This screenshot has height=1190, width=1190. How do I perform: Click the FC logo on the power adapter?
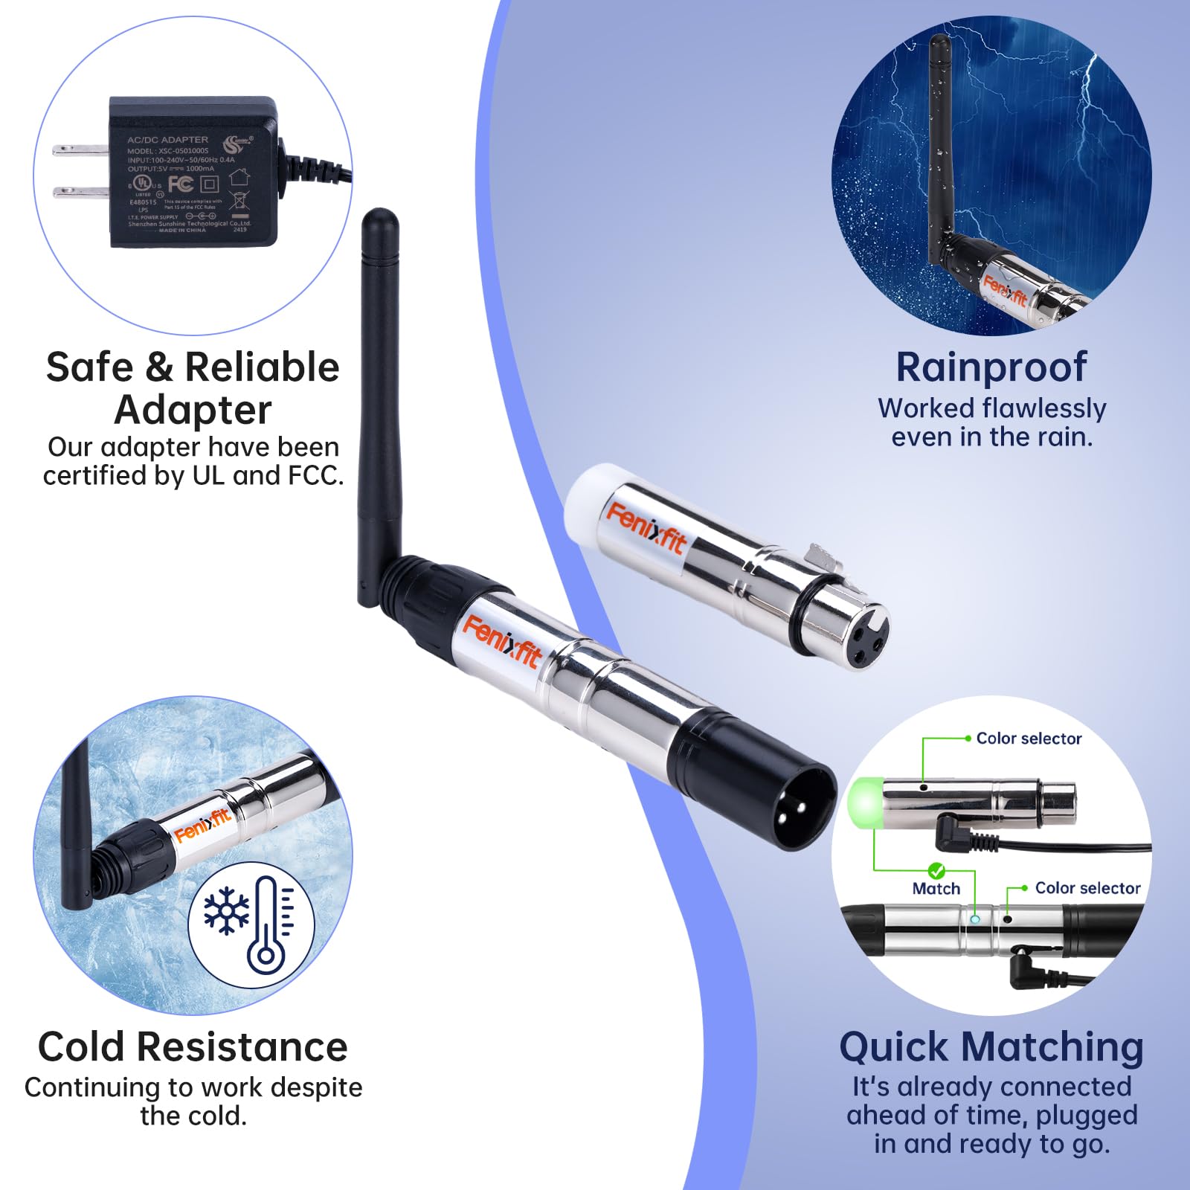(181, 184)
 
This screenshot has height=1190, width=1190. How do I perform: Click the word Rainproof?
(991, 367)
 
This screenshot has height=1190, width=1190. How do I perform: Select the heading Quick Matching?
(991, 1047)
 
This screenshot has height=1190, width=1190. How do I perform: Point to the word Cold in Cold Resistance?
(82, 1047)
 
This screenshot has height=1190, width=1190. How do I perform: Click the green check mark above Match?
(936, 870)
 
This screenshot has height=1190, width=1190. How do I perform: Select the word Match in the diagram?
(936, 889)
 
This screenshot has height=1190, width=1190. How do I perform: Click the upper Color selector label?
(1029, 739)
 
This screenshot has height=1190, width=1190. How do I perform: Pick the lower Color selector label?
(1087, 888)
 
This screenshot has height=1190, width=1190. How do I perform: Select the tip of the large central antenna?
(379, 218)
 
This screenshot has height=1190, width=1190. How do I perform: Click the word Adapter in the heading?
(193, 410)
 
